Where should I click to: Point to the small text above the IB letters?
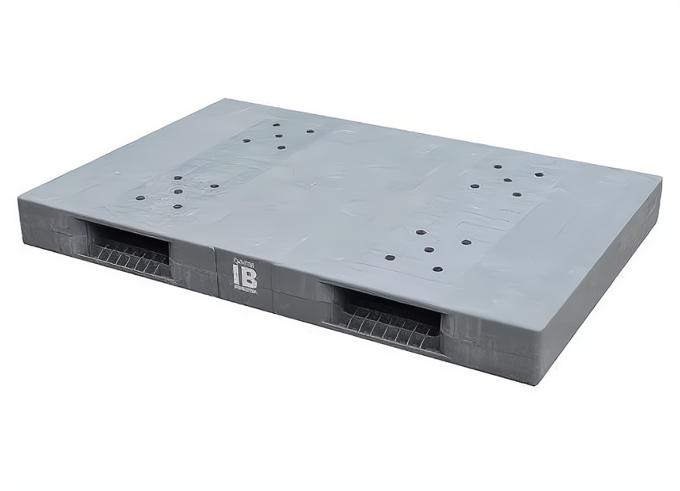[244, 261]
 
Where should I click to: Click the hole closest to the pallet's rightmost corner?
[539, 174]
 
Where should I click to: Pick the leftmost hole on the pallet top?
[140, 199]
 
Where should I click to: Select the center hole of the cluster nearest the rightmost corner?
[507, 180]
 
